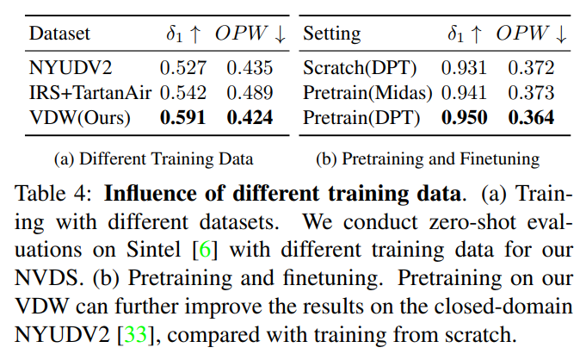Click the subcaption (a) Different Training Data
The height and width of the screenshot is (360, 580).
pyautogui.click(x=153, y=158)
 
